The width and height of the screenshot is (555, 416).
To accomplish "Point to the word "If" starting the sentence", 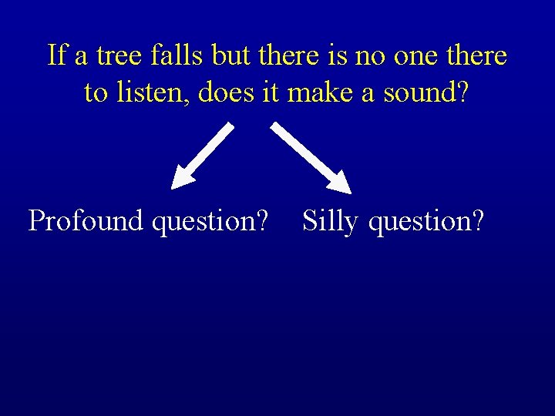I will tap(56, 56).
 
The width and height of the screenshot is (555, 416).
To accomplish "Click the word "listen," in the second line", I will tap(152, 93).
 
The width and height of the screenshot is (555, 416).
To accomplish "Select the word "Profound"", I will tap(86, 222).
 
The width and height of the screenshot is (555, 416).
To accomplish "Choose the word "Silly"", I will tap(330, 222).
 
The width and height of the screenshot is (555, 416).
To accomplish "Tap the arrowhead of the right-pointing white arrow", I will tap(340, 183).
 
